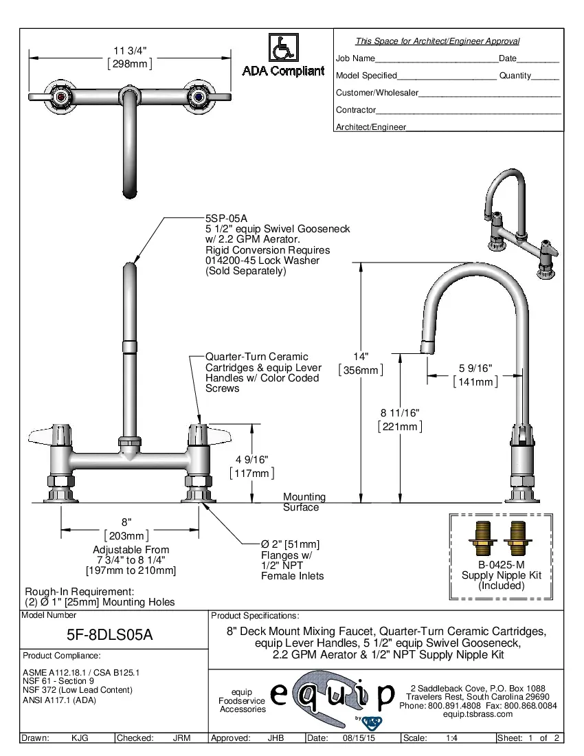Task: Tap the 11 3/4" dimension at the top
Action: point(130,51)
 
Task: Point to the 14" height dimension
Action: point(361,357)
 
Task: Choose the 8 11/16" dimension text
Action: point(400,412)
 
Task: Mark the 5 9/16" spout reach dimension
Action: point(475,369)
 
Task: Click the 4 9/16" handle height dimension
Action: point(251,460)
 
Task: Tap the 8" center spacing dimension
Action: point(126,522)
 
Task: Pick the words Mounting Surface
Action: point(304,502)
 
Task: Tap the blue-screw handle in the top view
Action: point(199,96)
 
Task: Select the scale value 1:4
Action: point(452,738)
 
